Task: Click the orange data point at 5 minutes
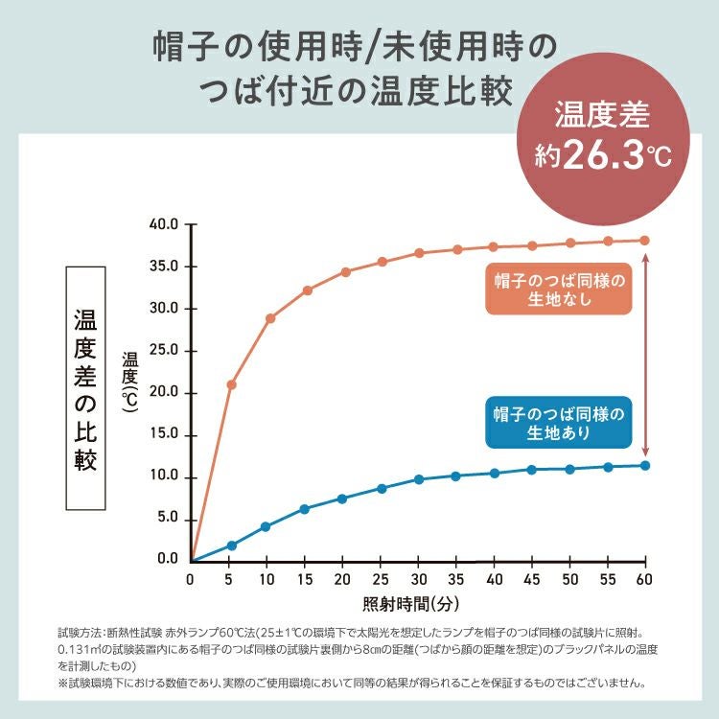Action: (x=231, y=384)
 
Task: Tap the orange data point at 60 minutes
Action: (x=645, y=241)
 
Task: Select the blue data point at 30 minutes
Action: (x=419, y=479)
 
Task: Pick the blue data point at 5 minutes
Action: (x=231, y=545)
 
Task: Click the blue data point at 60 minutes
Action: (x=645, y=466)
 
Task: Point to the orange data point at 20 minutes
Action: (x=345, y=272)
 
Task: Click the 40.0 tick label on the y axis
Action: (x=165, y=224)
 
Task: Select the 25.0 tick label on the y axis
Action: (x=165, y=351)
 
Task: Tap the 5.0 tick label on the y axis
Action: (x=168, y=519)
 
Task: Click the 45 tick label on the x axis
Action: (x=531, y=581)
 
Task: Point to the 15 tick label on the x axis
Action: (x=304, y=581)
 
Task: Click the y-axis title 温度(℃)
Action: (x=130, y=381)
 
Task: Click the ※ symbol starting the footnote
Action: (x=63, y=684)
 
